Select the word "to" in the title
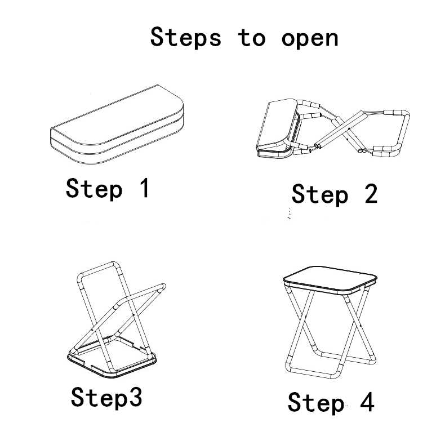pos(251,37)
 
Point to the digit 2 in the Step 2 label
pos(371,193)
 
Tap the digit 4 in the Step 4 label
pos(367,402)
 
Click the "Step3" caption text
pos(106,397)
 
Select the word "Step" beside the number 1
pos(94,189)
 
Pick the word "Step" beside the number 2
pos(320,195)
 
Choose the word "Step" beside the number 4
pos(316,403)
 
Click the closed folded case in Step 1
pos(117,124)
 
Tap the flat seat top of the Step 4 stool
pos(330,279)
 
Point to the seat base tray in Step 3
pos(112,357)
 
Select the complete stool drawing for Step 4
pos(330,322)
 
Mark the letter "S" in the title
pos(158,37)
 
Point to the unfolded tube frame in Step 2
pos(352,129)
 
